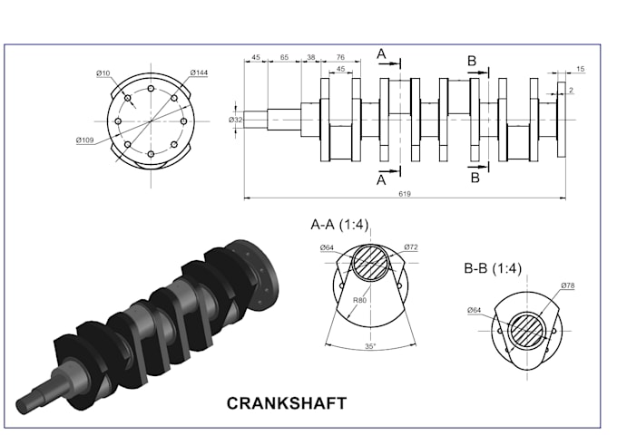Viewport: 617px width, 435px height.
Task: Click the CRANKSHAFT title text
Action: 286,402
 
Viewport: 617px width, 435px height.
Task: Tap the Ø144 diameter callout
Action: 200,72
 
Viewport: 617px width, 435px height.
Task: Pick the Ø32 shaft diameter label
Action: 235,120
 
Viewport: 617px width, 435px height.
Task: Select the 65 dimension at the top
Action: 284,57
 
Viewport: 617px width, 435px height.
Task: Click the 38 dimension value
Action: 311,57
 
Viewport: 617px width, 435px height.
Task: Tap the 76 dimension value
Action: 339,57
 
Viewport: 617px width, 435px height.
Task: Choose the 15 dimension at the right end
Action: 580,70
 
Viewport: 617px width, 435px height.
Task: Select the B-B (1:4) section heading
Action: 492,268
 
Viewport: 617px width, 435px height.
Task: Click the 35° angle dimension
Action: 370,346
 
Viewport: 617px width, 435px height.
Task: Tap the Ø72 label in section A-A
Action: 410,246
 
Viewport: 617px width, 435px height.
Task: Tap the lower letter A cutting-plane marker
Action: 381,179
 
